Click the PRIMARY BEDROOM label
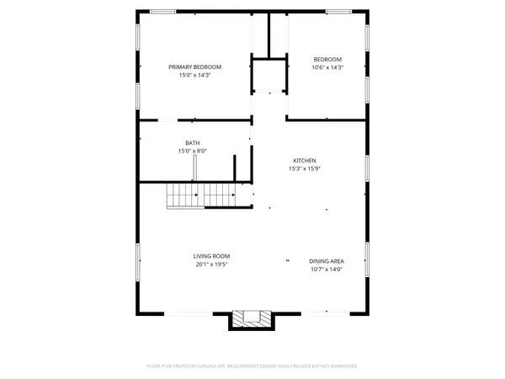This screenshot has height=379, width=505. click(194, 67)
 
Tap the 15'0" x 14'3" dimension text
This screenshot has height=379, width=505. click(194, 75)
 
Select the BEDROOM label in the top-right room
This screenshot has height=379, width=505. click(327, 58)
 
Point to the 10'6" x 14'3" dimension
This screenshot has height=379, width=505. click(327, 67)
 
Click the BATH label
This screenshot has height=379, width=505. click(193, 143)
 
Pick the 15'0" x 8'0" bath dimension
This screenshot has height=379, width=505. click(193, 152)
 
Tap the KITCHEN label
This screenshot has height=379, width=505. click(305, 160)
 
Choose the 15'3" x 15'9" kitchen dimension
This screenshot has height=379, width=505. click(305, 168)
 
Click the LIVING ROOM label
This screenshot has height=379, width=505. click(211, 256)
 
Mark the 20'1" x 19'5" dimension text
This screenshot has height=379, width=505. click(211, 264)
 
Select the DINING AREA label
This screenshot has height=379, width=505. click(326, 261)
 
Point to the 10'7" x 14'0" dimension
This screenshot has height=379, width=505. click(326, 270)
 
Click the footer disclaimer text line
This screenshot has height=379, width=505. click(252, 366)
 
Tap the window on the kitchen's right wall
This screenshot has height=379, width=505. click(368, 168)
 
